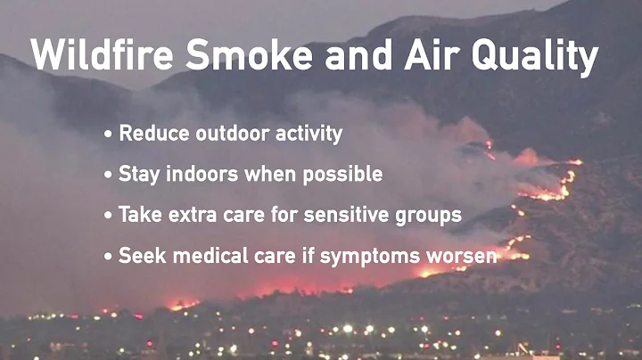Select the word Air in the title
444,58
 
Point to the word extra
193,215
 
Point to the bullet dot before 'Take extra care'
109,216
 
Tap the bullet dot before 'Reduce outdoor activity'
109,135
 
